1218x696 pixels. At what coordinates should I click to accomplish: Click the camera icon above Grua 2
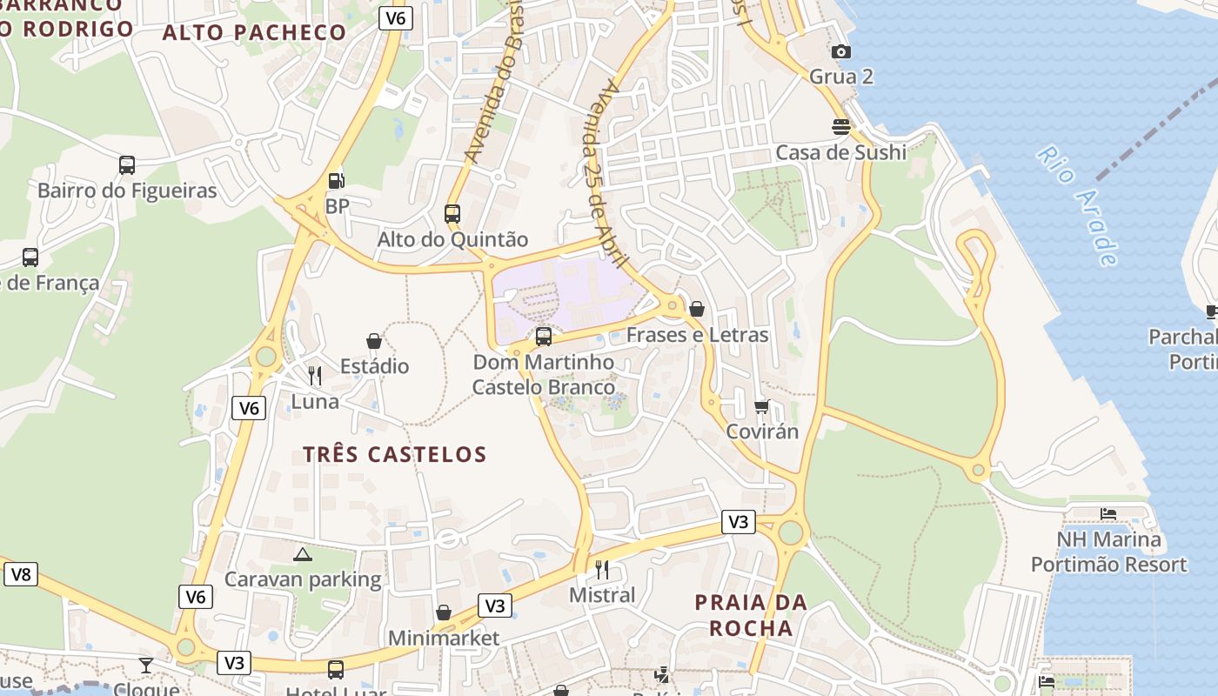pyautogui.click(x=840, y=52)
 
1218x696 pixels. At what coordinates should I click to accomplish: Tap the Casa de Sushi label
pyautogui.click(x=840, y=152)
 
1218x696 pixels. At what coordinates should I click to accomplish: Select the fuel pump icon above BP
pyautogui.click(x=336, y=181)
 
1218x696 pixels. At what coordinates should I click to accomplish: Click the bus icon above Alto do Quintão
pyautogui.click(x=452, y=213)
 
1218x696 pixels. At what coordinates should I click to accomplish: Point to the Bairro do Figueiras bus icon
pyautogui.click(x=127, y=164)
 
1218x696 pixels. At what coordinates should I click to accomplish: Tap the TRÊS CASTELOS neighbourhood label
pyautogui.click(x=395, y=454)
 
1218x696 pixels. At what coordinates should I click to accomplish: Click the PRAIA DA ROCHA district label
pyautogui.click(x=751, y=615)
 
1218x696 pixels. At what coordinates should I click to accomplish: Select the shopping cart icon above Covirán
pyautogui.click(x=762, y=406)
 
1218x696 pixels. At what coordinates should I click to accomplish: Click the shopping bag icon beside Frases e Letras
pyautogui.click(x=697, y=309)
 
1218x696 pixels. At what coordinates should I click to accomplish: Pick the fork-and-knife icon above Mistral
pyautogui.click(x=602, y=570)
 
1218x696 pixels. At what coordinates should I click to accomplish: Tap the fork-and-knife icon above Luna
pyautogui.click(x=315, y=376)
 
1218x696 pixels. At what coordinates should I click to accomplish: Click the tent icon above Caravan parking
pyautogui.click(x=303, y=554)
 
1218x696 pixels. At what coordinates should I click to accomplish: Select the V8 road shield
pyautogui.click(x=21, y=574)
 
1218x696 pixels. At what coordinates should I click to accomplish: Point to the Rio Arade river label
pyautogui.click(x=1077, y=206)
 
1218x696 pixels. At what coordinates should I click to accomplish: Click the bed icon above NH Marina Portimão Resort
pyautogui.click(x=1108, y=514)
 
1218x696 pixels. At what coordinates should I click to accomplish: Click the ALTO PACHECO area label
pyautogui.click(x=254, y=33)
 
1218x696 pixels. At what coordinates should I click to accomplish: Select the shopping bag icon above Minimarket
pyautogui.click(x=444, y=612)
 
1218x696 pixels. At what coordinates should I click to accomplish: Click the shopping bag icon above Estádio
pyautogui.click(x=374, y=341)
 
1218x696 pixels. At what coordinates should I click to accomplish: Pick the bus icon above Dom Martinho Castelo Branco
pyautogui.click(x=544, y=336)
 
